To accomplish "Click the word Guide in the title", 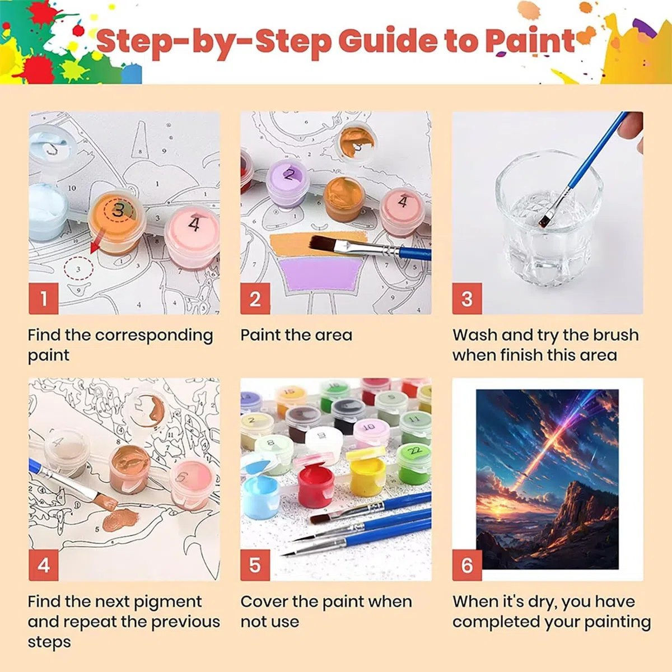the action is coord(388,40).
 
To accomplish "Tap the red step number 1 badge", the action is coord(44,298).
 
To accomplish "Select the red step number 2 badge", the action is coord(255,298).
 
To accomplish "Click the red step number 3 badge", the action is coord(467,298).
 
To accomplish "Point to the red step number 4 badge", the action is coord(44,565).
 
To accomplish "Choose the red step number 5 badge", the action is coord(255,565).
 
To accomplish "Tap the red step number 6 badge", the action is coord(467,565).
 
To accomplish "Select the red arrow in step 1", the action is coord(96,241).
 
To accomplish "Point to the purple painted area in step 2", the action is coord(319,273).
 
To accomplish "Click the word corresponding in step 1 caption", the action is coord(154,335).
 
